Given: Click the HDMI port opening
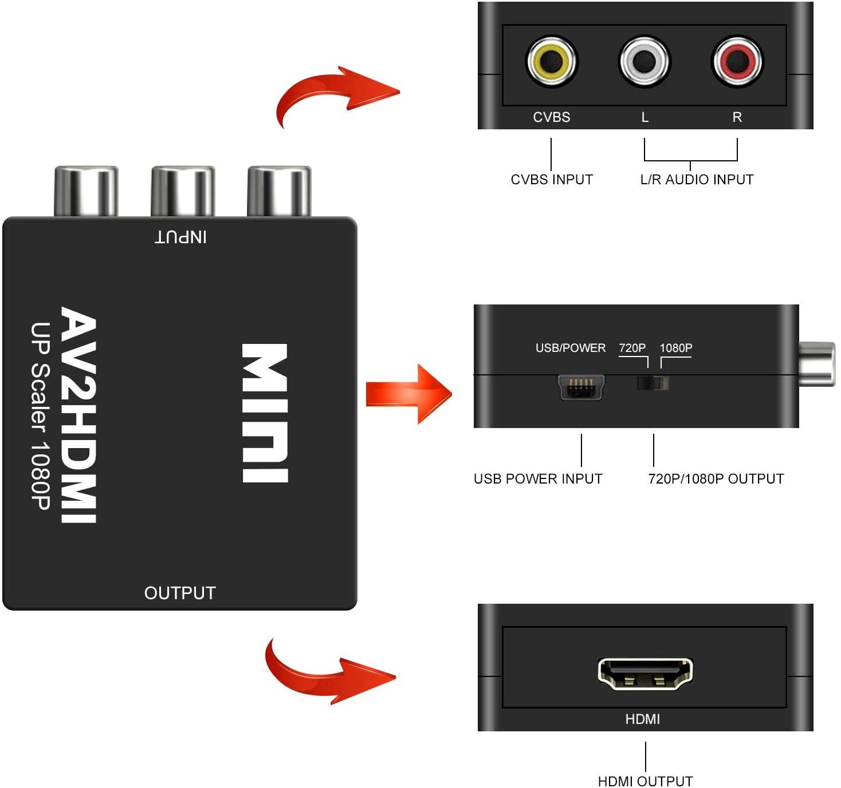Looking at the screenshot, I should tap(645, 673).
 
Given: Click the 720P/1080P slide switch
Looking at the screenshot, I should tap(653, 383).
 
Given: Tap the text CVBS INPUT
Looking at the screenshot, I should tap(551, 180).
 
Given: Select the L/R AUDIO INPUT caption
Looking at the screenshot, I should tap(697, 180).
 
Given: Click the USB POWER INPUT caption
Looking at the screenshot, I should tap(538, 479).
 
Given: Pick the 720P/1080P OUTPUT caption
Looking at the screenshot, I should tap(716, 479).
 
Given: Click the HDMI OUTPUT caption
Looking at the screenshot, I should tap(645, 781).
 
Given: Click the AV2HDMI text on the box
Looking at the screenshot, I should tap(79, 415).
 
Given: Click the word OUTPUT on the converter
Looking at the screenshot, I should tap(180, 593).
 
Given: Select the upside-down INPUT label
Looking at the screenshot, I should tap(180, 237).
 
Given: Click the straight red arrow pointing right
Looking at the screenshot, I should tap(408, 394).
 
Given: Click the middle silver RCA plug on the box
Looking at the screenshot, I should tap(183, 191).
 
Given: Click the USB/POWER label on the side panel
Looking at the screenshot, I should tap(570, 348).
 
